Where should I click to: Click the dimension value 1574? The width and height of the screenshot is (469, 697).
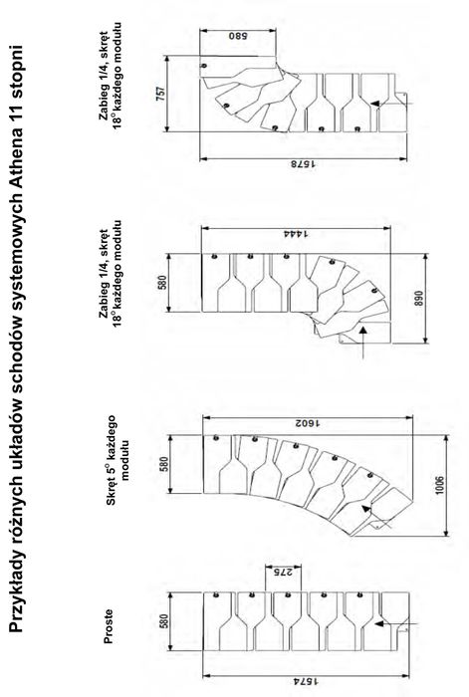(x=306, y=681)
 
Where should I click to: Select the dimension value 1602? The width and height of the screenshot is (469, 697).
(x=308, y=423)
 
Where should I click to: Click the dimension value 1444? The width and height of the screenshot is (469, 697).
(x=296, y=233)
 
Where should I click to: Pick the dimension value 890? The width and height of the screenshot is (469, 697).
(x=419, y=299)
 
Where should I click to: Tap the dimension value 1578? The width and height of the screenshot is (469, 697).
(x=304, y=164)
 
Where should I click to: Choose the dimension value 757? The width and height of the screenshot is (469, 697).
(x=161, y=94)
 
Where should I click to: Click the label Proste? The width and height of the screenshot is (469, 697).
(x=108, y=626)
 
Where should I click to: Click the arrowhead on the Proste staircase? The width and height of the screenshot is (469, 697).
(x=378, y=623)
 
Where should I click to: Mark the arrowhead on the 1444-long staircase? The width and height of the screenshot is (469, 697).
(x=363, y=330)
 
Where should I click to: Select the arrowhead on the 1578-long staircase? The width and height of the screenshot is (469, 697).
(x=375, y=104)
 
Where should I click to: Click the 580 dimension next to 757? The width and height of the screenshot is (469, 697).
(x=238, y=36)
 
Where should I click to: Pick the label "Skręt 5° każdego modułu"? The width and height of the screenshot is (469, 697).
(x=117, y=460)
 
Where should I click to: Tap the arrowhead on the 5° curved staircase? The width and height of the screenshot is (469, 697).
(x=365, y=508)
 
